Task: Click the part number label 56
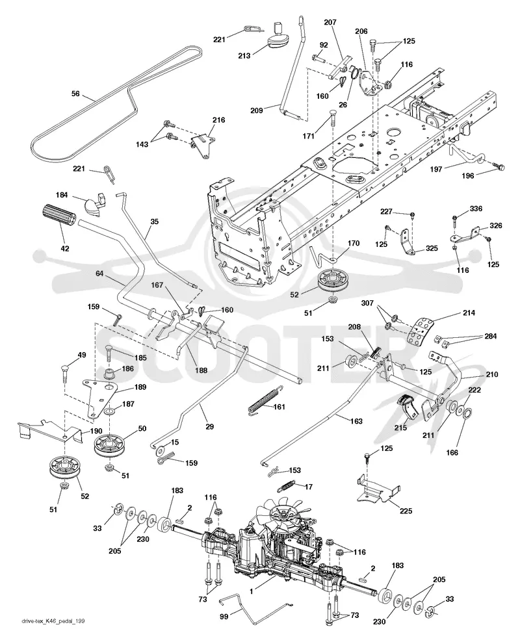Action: point(75,94)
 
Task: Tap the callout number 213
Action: point(244,55)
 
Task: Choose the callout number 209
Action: point(257,110)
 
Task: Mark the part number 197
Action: point(435,169)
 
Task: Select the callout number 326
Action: point(495,225)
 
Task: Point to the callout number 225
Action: point(406,511)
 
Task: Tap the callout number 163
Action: point(356,421)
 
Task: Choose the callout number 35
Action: point(154,222)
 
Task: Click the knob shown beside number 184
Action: point(96,203)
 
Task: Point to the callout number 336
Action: point(476,209)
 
